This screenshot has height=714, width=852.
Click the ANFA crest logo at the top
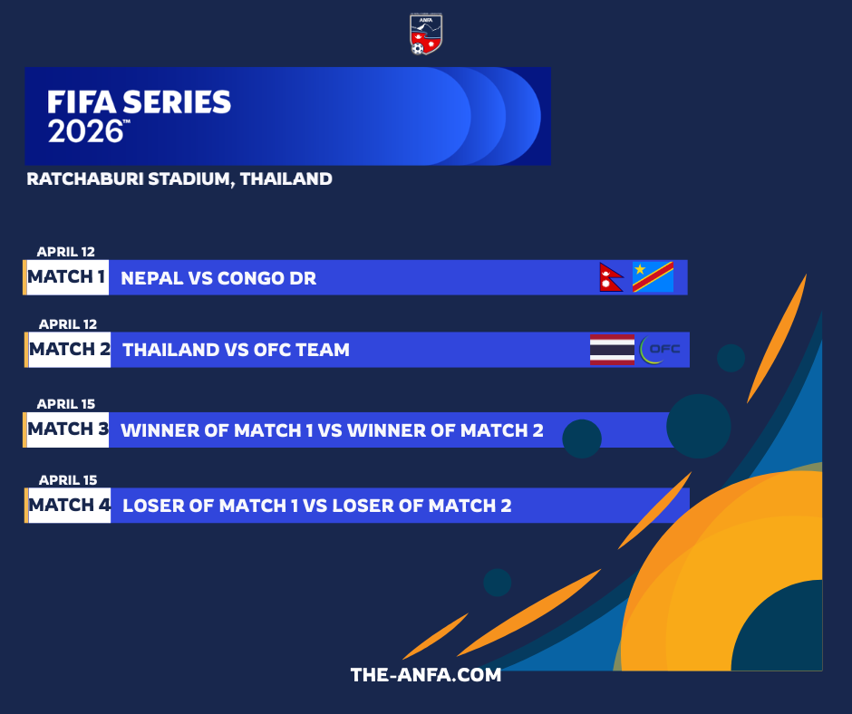pyautogui.click(x=425, y=34)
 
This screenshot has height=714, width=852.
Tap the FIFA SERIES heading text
pyautogui.click(x=139, y=102)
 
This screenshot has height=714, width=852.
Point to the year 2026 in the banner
pyautogui.click(x=86, y=131)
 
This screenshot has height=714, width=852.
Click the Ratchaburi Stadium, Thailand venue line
pyautogui.click(x=179, y=178)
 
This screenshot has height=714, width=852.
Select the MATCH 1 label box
pyautogui.click(x=66, y=277)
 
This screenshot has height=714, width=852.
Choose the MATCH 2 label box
pyautogui.click(x=69, y=350)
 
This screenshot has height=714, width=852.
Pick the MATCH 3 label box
pyautogui.click(x=66, y=429)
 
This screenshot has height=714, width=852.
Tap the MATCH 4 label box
pyautogui.click(x=69, y=506)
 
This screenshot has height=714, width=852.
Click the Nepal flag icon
pyautogui.click(x=611, y=277)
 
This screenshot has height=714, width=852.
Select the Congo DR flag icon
pyautogui.click(x=654, y=277)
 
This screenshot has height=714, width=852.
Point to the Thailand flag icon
pyautogui.click(x=613, y=350)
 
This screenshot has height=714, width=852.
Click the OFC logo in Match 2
pyautogui.click(x=660, y=350)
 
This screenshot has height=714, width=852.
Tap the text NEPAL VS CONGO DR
pyautogui.click(x=218, y=278)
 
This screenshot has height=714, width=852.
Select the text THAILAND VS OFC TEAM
pyautogui.click(x=236, y=350)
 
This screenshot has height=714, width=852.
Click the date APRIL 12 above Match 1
pyautogui.click(x=66, y=252)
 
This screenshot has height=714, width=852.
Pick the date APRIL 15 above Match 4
pyautogui.click(x=68, y=480)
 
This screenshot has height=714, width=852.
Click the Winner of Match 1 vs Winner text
pyautogui.click(x=332, y=430)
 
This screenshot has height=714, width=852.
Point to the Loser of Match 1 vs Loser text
pyautogui.click(x=317, y=506)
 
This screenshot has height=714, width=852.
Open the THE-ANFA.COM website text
pyautogui.click(x=426, y=675)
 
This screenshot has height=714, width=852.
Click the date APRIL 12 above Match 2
pyautogui.click(x=68, y=324)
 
